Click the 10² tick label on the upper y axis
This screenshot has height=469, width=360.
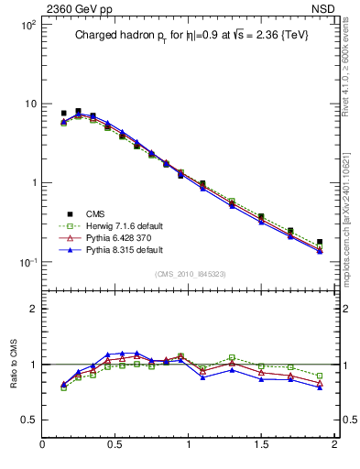click(27, 26)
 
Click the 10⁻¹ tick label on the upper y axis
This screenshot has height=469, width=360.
click(27, 262)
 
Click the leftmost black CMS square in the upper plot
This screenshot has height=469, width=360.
click(63, 114)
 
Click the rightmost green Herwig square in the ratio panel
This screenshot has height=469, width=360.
click(320, 376)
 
